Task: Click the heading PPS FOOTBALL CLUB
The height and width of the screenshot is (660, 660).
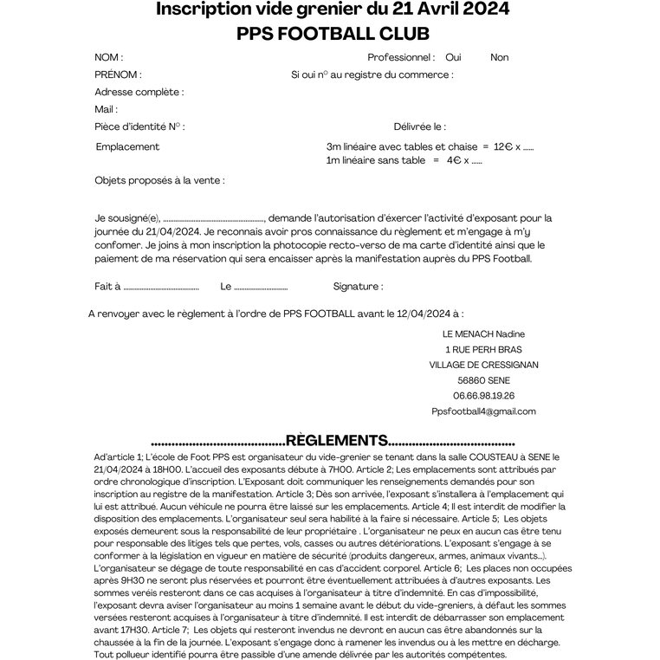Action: pyautogui.click(x=333, y=34)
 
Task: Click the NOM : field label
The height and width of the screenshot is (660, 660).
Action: pyautogui.click(x=108, y=57)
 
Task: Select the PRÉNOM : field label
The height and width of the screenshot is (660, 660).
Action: pyautogui.click(x=118, y=74)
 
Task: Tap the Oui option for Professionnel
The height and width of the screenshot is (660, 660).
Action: pyautogui.click(x=453, y=57)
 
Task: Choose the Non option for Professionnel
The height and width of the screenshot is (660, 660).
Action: pyautogui.click(x=499, y=57)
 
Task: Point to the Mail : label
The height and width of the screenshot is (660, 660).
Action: pyautogui.click(x=106, y=109)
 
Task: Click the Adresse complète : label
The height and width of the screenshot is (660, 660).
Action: pyautogui.click(x=139, y=92)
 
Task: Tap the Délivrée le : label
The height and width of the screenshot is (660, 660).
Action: pyautogui.click(x=419, y=126)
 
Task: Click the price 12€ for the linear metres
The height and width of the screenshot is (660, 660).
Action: pyautogui.click(x=503, y=147)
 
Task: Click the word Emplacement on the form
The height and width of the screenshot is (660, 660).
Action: pyautogui.click(x=127, y=147)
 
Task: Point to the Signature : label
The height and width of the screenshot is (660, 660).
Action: pyautogui.click(x=358, y=287)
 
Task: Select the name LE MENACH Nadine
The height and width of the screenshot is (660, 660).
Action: pyautogui.click(x=483, y=333)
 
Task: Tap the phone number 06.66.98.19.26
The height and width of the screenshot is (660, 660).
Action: pyautogui.click(x=484, y=396)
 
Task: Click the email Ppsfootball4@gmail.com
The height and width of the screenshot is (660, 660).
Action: pyautogui.click(x=483, y=411)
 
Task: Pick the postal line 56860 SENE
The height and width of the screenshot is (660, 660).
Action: pyautogui.click(x=483, y=380)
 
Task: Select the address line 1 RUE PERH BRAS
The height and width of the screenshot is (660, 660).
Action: pyautogui.click(x=483, y=349)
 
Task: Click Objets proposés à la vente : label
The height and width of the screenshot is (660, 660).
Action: pyautogui.click(x=159, y=180)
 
